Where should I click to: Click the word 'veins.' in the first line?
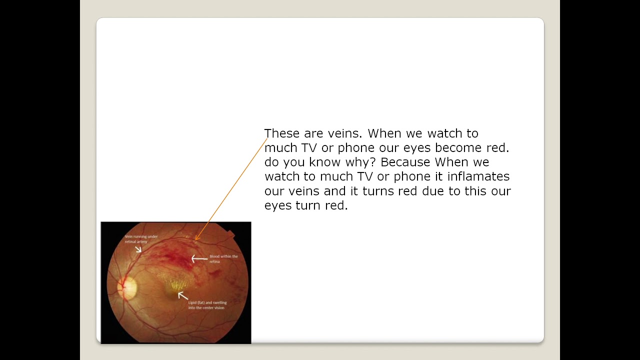pos(344,133)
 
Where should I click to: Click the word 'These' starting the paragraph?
pos(282,133)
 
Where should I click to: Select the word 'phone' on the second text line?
pos(356,148)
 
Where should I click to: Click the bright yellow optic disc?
pos(127,287)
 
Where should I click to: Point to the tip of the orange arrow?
pos(195,240)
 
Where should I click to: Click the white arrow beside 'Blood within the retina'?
pos(199,258)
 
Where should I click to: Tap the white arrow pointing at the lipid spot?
pos(182,295)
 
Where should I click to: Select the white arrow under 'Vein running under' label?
pos(138,248)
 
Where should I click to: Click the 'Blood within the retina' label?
pos(223,258)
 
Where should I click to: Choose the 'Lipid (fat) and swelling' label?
pos(207,305)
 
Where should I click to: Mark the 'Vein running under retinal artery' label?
pos(140,239)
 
